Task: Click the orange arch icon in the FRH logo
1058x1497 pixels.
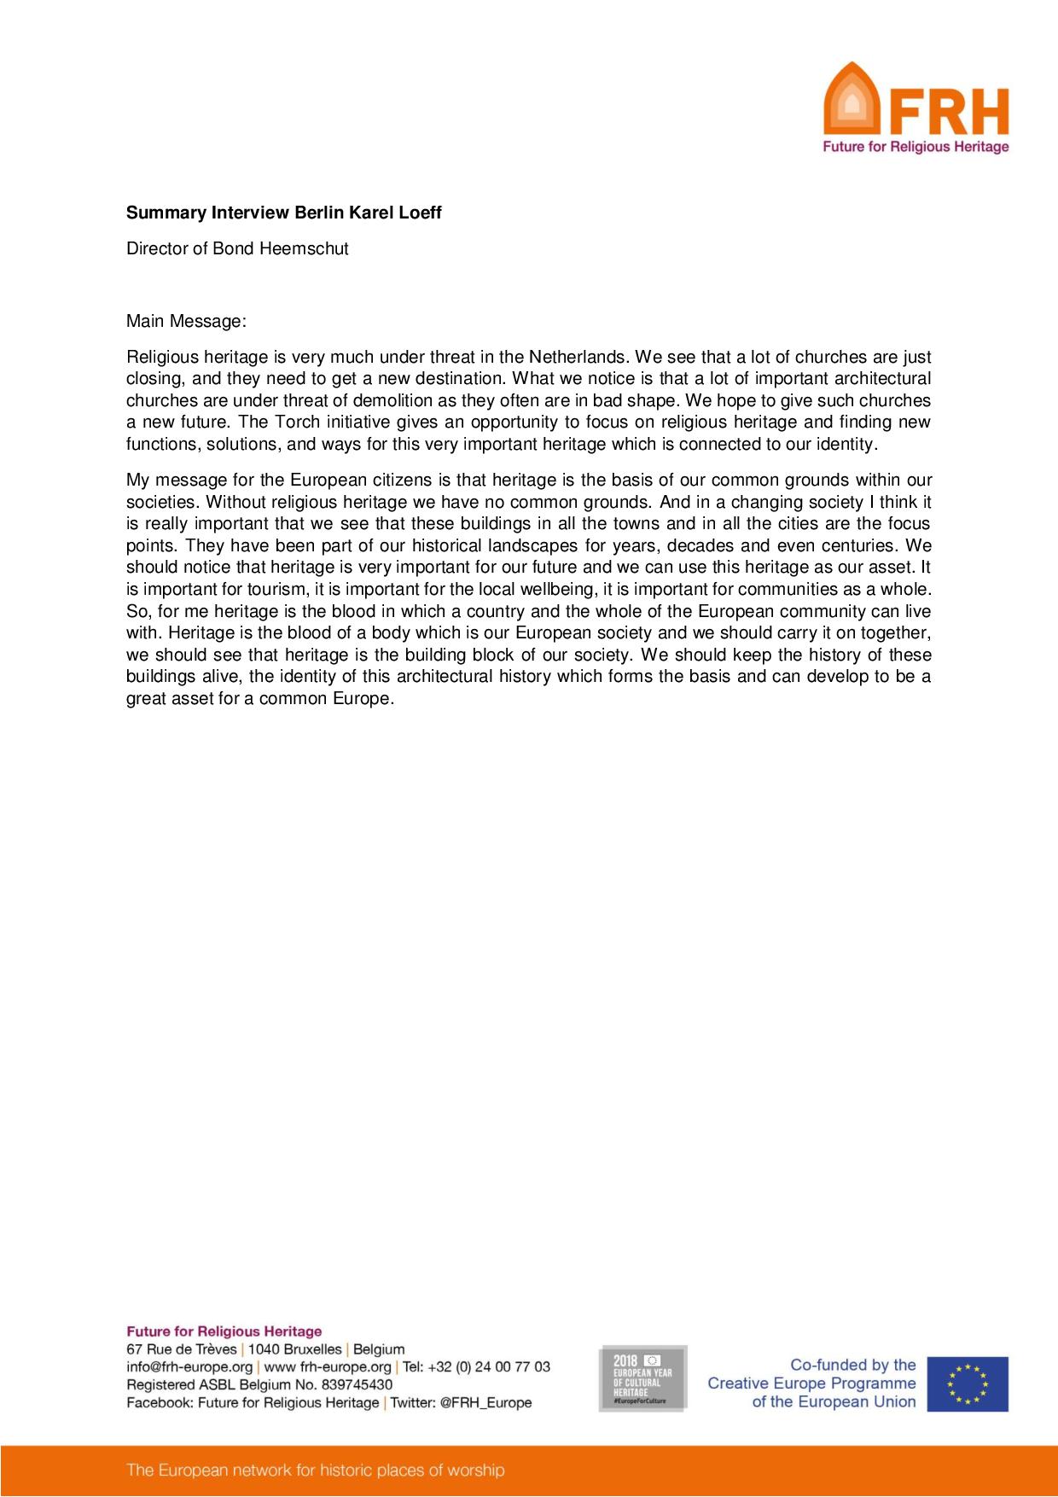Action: point(851,101)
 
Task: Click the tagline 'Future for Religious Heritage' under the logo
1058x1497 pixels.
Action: point(915,147)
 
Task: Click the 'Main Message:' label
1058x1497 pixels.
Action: point(186,322)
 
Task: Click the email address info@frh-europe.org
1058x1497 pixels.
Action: point(189,1366)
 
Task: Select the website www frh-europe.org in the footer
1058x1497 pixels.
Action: point(328,1366)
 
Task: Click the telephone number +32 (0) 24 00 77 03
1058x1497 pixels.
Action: point(488,1366)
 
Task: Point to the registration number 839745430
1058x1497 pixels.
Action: point(357,1384)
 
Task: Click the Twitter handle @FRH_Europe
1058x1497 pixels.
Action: point(485,1402)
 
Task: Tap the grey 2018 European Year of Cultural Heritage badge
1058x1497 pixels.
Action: point(642,1378)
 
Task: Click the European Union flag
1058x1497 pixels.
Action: point(968,1383)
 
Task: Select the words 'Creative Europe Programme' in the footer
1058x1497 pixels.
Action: point(811,1383)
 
